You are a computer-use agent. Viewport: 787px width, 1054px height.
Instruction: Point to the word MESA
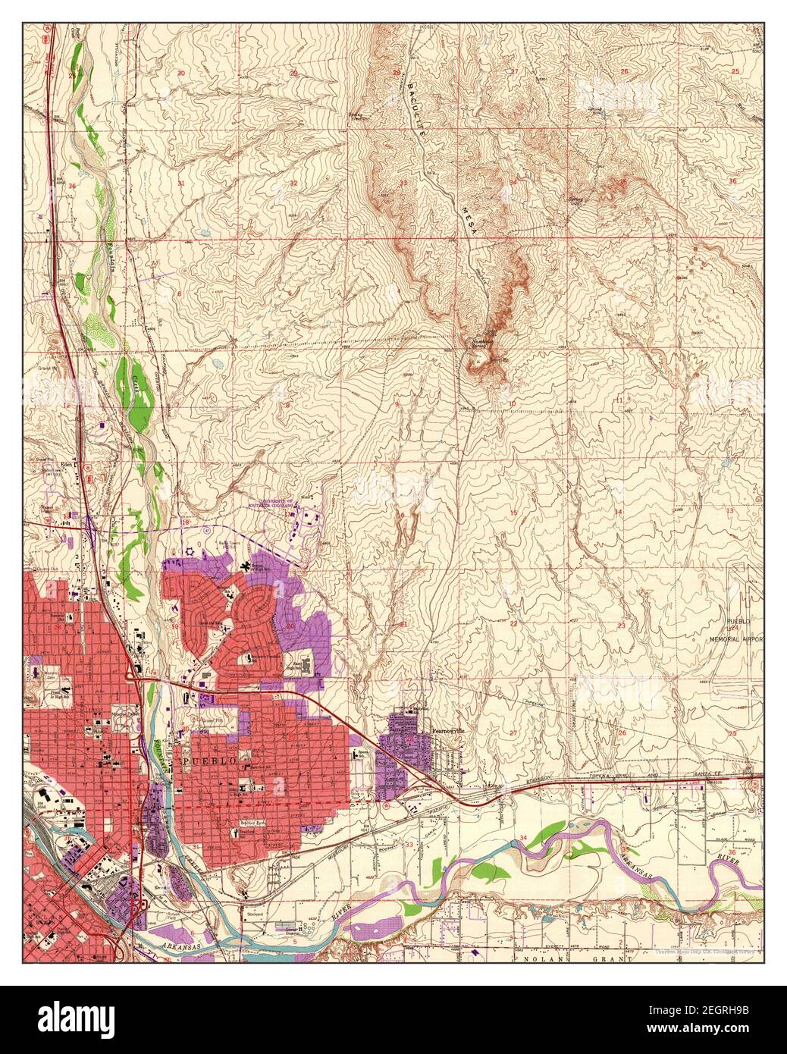(x=471, y=221)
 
